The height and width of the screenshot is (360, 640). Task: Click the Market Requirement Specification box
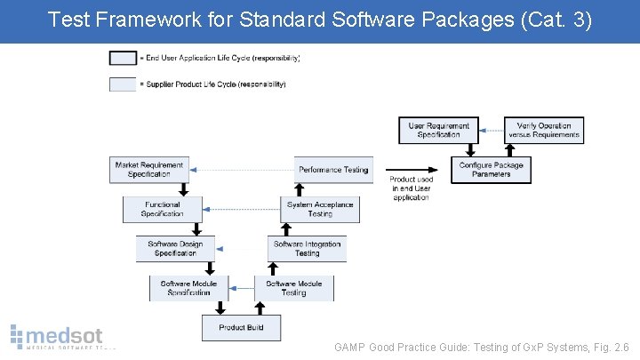(148, 170)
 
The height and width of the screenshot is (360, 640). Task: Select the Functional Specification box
(162, 209)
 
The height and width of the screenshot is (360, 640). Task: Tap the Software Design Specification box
(175, 248)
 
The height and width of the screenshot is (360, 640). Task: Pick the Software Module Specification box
(188, 288)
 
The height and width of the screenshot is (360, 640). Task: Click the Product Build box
(241, 327)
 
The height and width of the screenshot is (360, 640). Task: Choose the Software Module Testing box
(293, 288)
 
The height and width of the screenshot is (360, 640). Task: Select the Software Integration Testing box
(307, 248)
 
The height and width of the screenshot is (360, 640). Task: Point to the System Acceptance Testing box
(320, 209)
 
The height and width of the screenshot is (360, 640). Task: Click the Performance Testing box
(332, 170)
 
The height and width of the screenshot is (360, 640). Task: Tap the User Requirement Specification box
(438, 131)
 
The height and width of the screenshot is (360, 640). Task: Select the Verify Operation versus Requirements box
(543, 131)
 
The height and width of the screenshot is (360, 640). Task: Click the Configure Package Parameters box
(491, 170)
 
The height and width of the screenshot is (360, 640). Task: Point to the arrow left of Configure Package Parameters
(427, 170)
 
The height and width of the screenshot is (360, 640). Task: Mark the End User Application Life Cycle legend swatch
(123, 59)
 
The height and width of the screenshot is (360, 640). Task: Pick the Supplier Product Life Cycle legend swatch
(123, 84)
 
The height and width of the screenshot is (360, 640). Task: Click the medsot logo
(57, 339)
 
